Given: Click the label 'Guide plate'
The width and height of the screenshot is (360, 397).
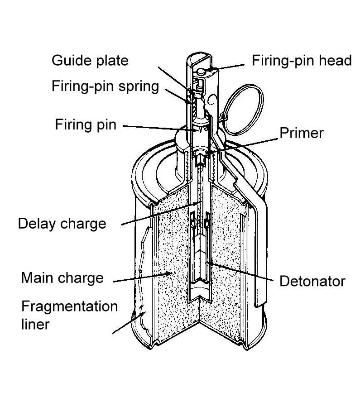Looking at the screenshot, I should coord(90,61).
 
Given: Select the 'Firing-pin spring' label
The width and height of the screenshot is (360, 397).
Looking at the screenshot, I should coord(105,86).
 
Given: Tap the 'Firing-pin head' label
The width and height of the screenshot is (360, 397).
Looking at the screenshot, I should coord(301,61).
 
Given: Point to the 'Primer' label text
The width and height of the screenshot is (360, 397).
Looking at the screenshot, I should coord(301,133).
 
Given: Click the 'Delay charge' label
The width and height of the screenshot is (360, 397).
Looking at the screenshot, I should coord(62,223).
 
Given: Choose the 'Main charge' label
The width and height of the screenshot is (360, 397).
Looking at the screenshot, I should coord(62,277).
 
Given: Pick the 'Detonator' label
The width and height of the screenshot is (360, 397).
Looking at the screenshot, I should coord(312,281).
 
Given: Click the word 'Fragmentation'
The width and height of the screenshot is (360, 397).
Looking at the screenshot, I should coord(69,306).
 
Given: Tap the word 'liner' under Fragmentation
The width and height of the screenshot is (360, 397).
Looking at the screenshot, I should coord(35,325).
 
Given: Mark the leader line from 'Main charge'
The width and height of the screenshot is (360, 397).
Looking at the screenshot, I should coord(140,277).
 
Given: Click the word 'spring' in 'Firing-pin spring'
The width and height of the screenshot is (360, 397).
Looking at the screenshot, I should coord(138,86).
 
